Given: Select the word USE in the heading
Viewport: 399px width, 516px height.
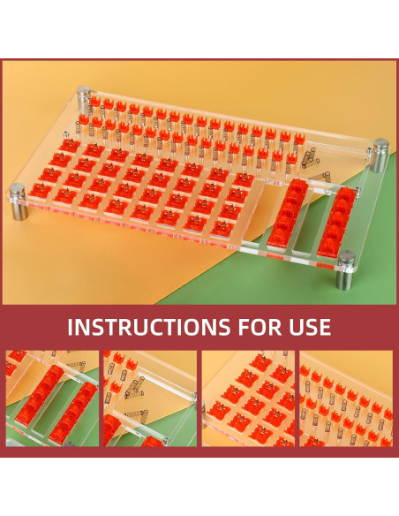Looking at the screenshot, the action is pyautogui.click(x=310, y=327).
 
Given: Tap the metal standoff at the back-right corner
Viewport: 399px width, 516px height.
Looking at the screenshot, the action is pyautogui.click(x=380, y=156).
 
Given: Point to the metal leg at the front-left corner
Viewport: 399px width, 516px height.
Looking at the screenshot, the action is pyautogui.click(x=19, y=201).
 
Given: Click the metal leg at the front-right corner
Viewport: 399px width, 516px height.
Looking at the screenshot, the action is pyautogui.click(x=346, y=270).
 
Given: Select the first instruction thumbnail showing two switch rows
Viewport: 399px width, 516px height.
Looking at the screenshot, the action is pyautogui.click(x=52, y=398).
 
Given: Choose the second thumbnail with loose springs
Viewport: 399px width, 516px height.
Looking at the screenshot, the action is pyautogui.click(x=150, y=398).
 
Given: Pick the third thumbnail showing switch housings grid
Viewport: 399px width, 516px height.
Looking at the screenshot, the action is pyautogui.click(x=248, y=398).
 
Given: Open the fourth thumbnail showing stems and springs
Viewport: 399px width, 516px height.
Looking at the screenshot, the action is pyautogui.click(x=346, y=398).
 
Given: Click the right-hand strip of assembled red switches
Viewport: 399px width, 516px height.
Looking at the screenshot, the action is pyautogui.click(x=337, y=222).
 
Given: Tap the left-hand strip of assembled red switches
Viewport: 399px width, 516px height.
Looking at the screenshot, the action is pyautogui.click(x=288, y=213).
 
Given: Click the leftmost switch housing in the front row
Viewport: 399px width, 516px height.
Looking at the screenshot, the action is pyautogui.click(x=41, y=190).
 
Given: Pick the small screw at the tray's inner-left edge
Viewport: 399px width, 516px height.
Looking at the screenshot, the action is pyautogui.click(x=66, y=134).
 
